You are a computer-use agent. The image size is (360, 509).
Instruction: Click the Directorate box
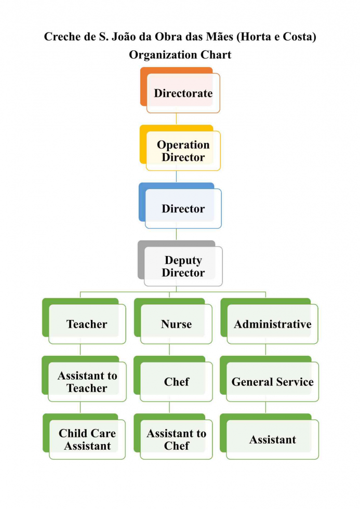[180, 90]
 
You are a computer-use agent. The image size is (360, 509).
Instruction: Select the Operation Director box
[180, 148]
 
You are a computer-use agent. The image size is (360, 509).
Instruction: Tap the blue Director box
[180, 206]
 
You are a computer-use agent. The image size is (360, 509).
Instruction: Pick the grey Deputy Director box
[180, 264]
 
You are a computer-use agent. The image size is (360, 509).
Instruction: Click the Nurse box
[173, 321]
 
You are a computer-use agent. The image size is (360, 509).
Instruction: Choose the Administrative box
[270, 321]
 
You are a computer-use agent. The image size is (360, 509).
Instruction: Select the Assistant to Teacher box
[84, 379]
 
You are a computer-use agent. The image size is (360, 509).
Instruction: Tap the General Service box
[270, 379]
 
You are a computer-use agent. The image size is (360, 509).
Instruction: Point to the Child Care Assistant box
[84, 437]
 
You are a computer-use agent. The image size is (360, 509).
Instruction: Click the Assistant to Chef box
[173, 437]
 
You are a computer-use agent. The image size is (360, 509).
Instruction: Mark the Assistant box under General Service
[270, 437]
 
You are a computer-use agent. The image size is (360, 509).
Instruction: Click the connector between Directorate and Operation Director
[176, 119]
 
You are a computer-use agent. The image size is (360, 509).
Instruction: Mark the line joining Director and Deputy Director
[176, 235]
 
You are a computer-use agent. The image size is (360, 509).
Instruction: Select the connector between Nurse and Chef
[169, 350]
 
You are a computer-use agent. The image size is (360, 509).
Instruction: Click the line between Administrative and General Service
[266, 350]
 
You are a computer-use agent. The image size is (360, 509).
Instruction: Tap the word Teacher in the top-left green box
[87, 324]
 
